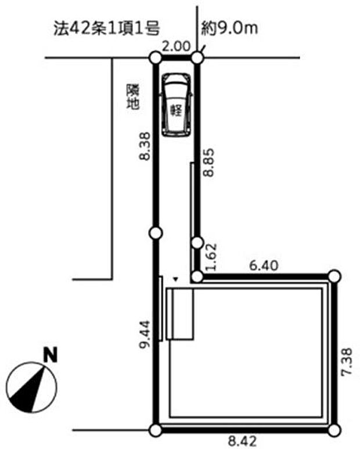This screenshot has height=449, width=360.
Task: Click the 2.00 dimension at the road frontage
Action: [x=176, y=46]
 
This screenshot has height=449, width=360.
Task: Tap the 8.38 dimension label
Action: [x=145, y=146]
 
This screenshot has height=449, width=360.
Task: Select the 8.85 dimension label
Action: [x=208, y=163]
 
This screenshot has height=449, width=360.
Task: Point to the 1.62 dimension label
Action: [x=212, y=257]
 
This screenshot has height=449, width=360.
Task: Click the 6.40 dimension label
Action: [x=264, y=265]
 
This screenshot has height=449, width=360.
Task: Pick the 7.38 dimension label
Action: [x=346, y=361]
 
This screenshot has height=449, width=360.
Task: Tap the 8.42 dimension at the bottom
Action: [x=242, y=441]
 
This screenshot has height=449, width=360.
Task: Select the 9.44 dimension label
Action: [x=145, y=334]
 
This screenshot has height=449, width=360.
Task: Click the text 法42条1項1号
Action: [x=107, y=28]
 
